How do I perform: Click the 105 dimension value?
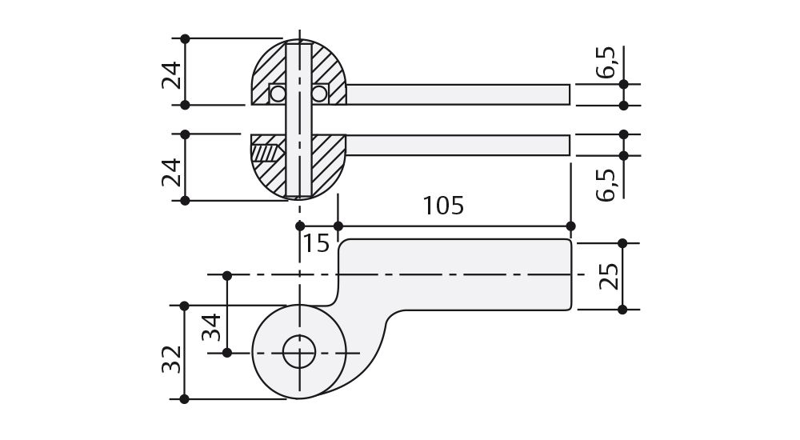click(443, 206)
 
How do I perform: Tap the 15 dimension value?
click(317, 243)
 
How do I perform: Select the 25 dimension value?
click(609, 276)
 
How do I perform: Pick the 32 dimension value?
click(170, 358)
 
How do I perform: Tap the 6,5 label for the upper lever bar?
click(606, 62)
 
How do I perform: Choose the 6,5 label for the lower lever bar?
click(606, 184)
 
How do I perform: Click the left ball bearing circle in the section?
click(278, 94)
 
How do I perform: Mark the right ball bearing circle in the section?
click(319, 94)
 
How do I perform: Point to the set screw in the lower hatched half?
click(267, 150)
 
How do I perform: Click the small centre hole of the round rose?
click(299, 352)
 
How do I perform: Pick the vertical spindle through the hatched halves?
click(298, 120)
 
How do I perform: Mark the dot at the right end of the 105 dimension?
click(570, 226)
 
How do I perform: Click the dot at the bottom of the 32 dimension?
click(185, 398)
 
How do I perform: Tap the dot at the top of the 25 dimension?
click(623, 242)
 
